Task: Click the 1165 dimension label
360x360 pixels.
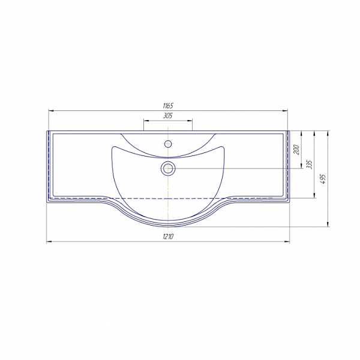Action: click(168, 106)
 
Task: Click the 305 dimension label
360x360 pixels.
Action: click(168, 116)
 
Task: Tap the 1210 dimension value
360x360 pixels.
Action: click(168, 236)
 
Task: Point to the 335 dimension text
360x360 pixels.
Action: click(310, 164)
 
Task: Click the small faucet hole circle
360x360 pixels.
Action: click(168, 144)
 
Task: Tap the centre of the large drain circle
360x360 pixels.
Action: click(168, 169)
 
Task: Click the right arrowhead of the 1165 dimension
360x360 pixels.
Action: click(285, 111)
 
